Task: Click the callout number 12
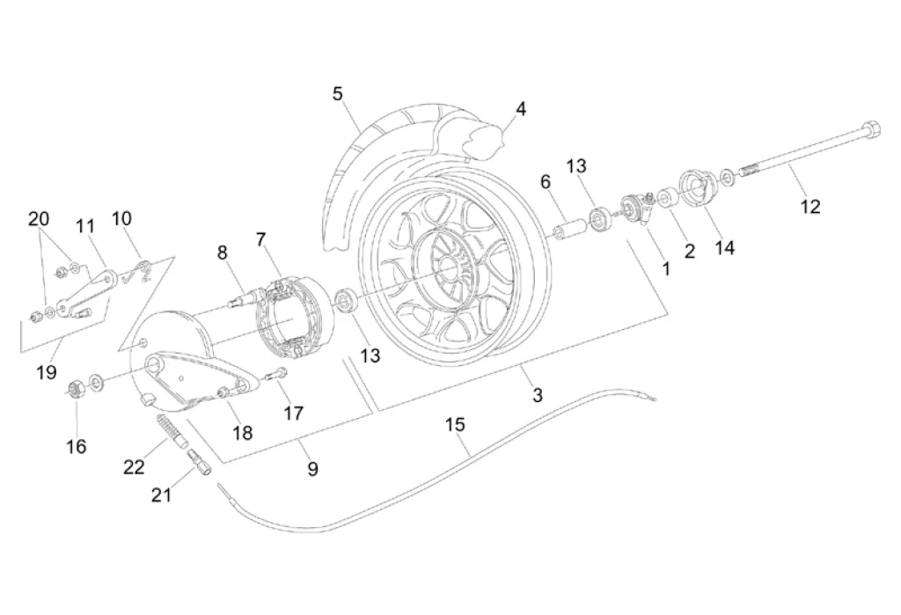click(810, 207)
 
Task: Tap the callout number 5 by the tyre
click(337, 93)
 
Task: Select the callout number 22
click(134, 466)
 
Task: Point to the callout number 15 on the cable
click(455, 425)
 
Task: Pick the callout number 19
click(47, 372)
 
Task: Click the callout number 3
click(538, 395)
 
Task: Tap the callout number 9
click(312, 469)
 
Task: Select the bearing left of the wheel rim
click(345, 302)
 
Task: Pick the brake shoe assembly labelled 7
click(288, 316)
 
